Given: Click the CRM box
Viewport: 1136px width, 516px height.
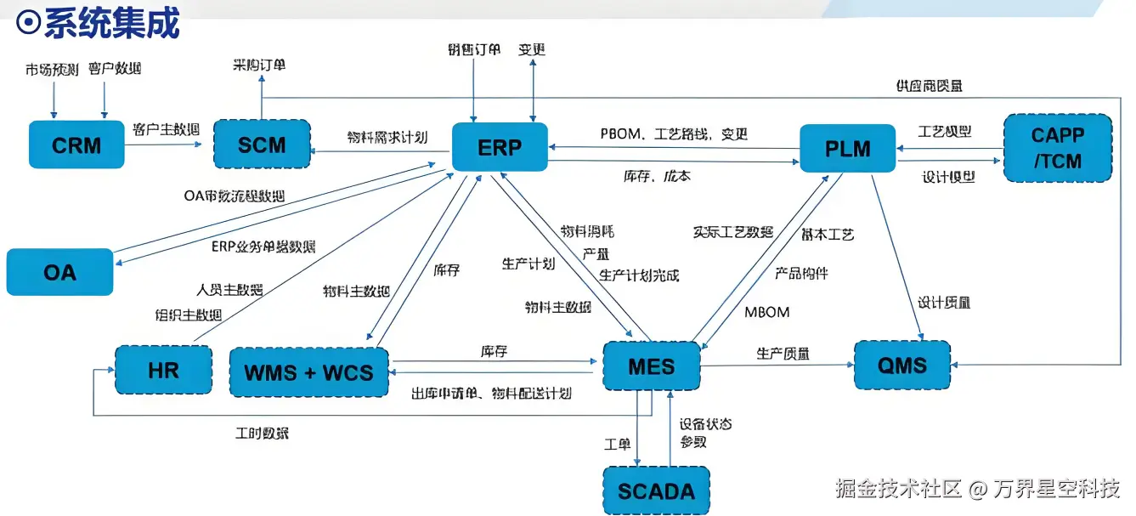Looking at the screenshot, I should (x=76, y=145).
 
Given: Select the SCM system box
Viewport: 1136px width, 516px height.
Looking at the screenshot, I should (x=261, y=145).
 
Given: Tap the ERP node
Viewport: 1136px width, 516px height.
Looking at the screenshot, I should (x=499, y=147).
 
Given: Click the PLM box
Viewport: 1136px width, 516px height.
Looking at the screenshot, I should (x=847, y=149).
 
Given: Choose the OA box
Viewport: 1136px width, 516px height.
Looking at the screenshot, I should (x=59, y=272).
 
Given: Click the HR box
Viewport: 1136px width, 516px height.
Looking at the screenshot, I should (x=163, y=371).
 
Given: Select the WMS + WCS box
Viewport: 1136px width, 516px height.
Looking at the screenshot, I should (x=309, y=371).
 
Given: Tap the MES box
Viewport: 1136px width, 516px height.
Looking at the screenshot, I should (x=652, y=367).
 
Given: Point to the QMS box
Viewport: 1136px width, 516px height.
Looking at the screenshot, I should (x=901, y=366).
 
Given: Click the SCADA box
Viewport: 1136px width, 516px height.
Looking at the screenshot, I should (x=655, y=490).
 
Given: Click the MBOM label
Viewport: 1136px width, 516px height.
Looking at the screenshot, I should (x=766, y=312).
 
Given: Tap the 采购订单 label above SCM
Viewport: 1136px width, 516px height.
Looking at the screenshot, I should (x=259, y=65).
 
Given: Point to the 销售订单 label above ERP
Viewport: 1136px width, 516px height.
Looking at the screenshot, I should (x=474, y=50).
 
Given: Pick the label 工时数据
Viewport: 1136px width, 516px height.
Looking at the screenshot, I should (x=262, y=434).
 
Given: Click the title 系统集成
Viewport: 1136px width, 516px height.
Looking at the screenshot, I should (x=110, y=23).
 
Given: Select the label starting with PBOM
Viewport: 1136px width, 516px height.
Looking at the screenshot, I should (x=674, y=133).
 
